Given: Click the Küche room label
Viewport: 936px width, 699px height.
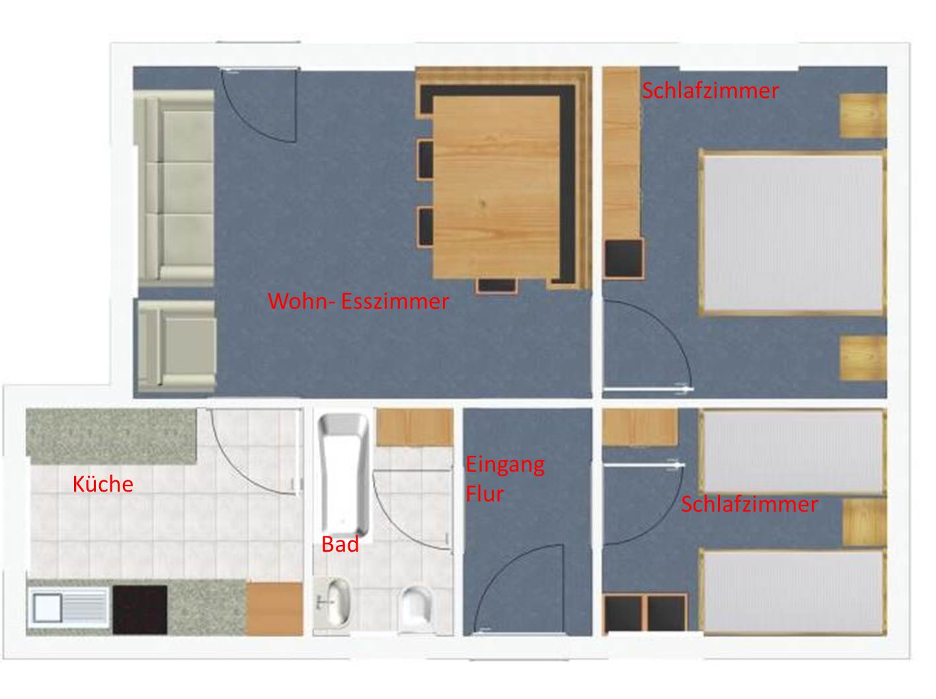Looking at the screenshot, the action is coord(102,484).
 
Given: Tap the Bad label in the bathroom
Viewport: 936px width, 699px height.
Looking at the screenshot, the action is coord(340,544).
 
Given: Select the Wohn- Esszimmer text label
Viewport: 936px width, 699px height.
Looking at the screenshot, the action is coord(358,301).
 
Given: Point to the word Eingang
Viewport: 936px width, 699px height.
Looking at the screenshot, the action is coord(505,465).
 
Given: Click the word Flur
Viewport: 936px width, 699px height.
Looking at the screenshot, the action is coord(485,494).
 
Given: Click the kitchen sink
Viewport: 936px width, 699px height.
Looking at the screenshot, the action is coord(68,607).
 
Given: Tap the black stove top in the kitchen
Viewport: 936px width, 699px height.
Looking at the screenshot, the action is coord(140,610).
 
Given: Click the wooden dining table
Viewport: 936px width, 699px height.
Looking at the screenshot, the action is coord(496,188).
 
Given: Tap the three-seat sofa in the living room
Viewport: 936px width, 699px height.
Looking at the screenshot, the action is coord(175,188).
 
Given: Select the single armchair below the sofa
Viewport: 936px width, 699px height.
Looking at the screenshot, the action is coord(176,346).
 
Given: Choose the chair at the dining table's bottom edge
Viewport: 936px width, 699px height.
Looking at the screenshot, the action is coord(496,285).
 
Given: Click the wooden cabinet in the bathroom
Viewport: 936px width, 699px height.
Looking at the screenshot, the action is coord(414,427).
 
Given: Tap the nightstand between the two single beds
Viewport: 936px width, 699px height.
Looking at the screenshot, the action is coord(865,523).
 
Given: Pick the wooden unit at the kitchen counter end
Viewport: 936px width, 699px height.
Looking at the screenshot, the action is coord(274,608).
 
